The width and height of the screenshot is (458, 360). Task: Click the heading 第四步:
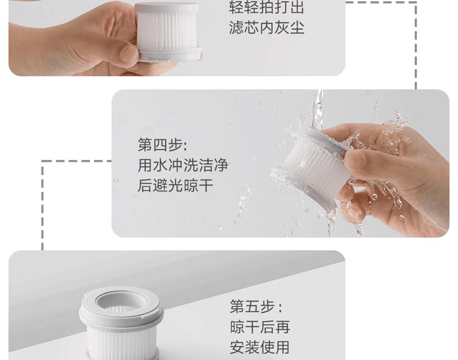click(x=162, y=145)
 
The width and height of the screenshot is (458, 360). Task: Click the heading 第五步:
click(x=256, y=306)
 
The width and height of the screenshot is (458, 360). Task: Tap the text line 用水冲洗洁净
click(x=183, y=165)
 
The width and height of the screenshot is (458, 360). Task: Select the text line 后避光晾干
click(x=175, y=185)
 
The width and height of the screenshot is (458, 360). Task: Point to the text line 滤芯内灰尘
click(x=267, y=27)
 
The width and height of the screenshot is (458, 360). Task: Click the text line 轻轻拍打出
click(x=267, y=7)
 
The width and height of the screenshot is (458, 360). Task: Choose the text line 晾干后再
click(x=260, y=327)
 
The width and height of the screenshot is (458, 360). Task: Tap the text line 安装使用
click(x=260, y=347)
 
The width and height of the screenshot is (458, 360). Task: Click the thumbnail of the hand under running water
click(x=280, y=164)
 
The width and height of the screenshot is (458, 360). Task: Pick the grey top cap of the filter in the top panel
click(x=167, y=9)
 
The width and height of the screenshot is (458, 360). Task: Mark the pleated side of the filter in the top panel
click(x=167, y=32)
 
